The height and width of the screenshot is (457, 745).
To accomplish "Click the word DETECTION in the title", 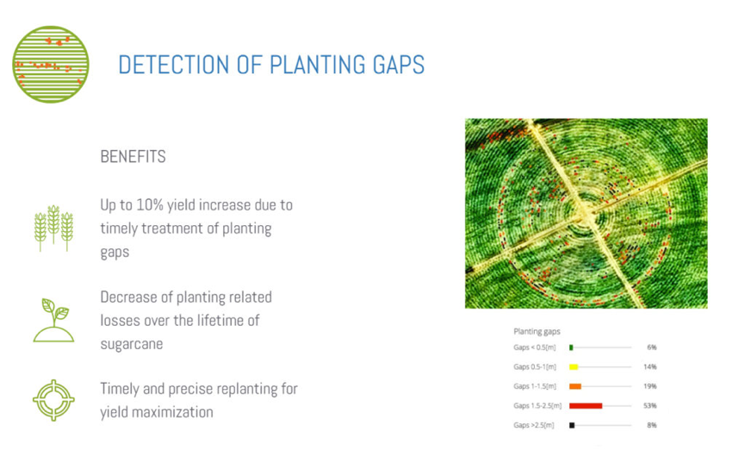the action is pos(174,65).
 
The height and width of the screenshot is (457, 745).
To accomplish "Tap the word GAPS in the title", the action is pos(399,65).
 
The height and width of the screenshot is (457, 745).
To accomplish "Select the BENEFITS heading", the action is pos(133,156).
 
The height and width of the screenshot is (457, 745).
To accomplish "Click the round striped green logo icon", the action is pos(51,64).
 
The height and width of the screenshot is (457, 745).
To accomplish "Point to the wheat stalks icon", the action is pos(53,228).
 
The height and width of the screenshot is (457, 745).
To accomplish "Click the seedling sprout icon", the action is pos(53,320).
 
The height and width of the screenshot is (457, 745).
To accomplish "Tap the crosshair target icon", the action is pos(53,400).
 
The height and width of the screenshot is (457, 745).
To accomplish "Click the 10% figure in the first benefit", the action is pos(150,205).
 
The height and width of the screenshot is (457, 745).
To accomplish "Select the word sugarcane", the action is pos(132,344).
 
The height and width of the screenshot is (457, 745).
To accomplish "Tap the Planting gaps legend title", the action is pos(537,331).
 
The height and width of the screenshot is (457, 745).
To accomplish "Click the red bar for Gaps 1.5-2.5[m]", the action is pos(586,405).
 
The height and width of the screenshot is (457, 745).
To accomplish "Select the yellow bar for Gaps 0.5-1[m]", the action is pos(574,366).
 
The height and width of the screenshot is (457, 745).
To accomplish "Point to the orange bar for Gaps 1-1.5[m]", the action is pos(575,386).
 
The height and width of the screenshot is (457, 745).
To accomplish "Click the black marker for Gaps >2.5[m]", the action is pos(572,425).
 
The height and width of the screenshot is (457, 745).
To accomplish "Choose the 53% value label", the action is pos(650,405).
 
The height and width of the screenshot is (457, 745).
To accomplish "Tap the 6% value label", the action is pos(652,347).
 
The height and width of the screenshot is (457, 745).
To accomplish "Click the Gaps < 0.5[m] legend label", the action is pos(535,347).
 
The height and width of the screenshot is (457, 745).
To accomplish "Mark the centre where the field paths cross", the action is pos(587,214).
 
